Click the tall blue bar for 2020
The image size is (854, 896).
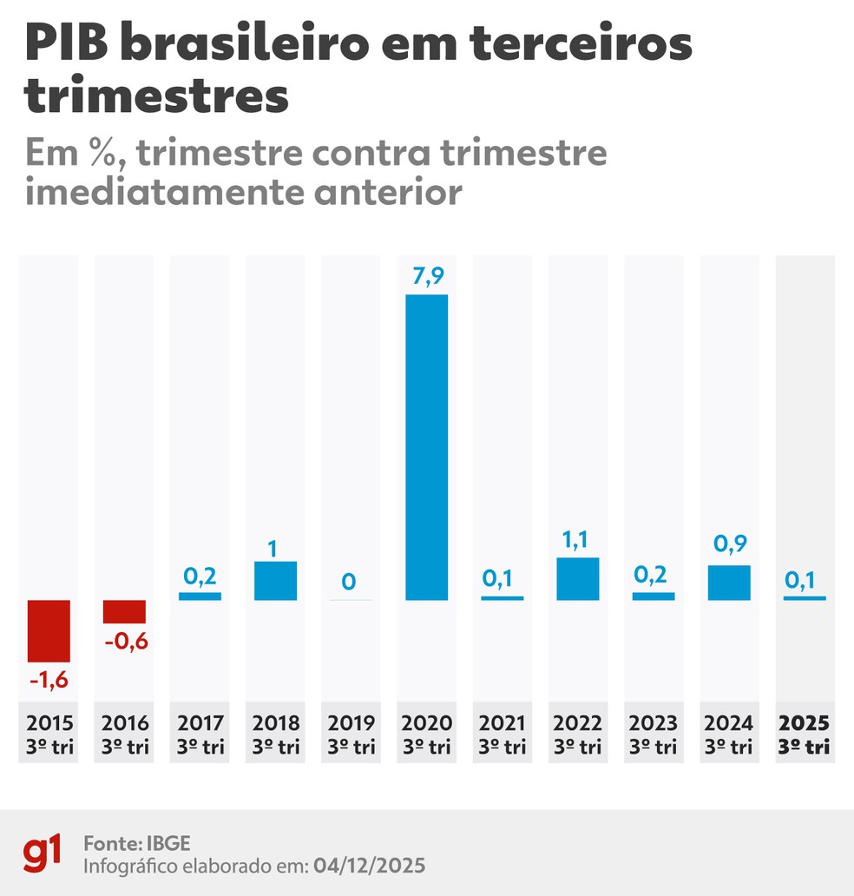click(427, 447)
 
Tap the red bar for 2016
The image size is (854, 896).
click(124, 611)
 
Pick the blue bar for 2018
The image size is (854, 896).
click(275, 581)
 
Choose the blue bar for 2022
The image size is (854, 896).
click(578, 579)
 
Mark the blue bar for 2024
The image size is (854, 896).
click(729, 583)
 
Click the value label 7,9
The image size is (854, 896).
click(427, 277)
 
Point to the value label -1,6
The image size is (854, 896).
click(49, 681)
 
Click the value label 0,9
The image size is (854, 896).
click(729, 545)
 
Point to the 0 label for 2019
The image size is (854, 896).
click(349, 581)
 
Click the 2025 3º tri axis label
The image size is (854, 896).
click(805, 734)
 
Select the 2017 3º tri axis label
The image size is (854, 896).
click(200, 734)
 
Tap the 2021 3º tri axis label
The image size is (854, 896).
click(503, 734)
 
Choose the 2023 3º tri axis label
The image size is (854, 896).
click(654, 734)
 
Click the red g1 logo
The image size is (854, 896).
click(43, 854)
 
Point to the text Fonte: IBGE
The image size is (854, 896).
click(136, 843)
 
